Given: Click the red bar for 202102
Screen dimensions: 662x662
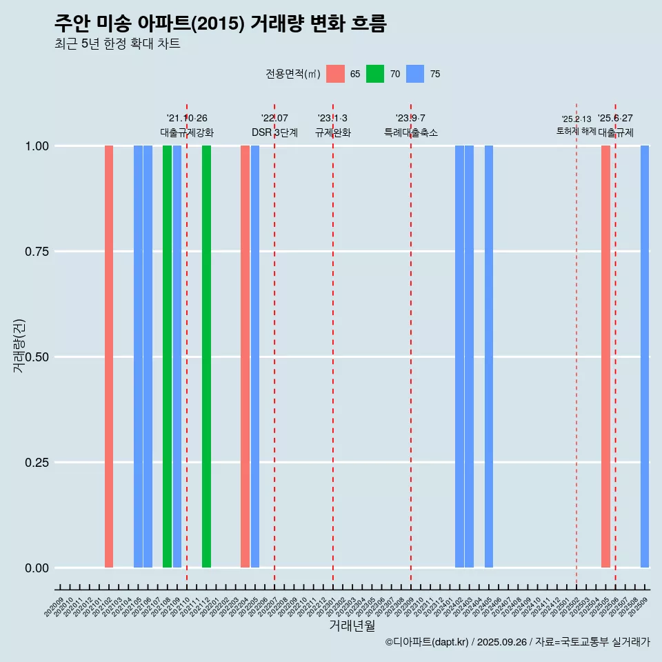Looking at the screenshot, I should pyautogui.click(x=109, y=357).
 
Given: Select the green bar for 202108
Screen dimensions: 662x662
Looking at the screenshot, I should pyautogui.click(x=167, y=357).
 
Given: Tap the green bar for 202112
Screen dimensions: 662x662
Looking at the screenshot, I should pyautogui.click(x=206, y=357).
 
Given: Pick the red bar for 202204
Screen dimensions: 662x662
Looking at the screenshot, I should pyautogui.click(x=245, y=357).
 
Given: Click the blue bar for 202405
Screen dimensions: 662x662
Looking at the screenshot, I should pyautogui.click(x=489, y=357).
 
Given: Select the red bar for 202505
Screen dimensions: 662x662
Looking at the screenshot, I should pyautogui.click(x=605, y=357).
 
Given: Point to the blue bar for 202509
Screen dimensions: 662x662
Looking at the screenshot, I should pyautogui.click(x=645, y=357).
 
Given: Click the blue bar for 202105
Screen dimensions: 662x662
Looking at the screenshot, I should pyautogui.click(x=138, y=357).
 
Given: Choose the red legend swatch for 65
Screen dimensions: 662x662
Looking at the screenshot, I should pyautogui.click(x=335, y=74).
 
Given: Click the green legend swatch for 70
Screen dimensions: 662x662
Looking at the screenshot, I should pyautogui.click(x=375, y=74).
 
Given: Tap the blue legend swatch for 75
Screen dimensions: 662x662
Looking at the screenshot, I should pyautogui.click(x=415, y=74).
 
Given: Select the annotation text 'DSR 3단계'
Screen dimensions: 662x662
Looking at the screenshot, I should pyautogui.click(x=274, y=132).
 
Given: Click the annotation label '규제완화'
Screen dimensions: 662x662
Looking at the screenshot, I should pyautogui.click(x=333, y=132).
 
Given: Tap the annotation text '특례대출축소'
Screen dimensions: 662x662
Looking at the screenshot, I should pyautogui.click(x=411, y=132).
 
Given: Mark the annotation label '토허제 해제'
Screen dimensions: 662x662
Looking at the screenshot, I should pyautogui.click(x=576, y=131).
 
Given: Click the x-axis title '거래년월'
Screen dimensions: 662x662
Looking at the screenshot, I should pyautogui.click(x=352, y=626).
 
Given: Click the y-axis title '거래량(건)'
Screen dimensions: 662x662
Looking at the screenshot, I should pyautogui.click(x=19, y=345).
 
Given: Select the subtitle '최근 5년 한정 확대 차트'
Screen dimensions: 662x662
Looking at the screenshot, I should pyautogui.click(x=117, y=44).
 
